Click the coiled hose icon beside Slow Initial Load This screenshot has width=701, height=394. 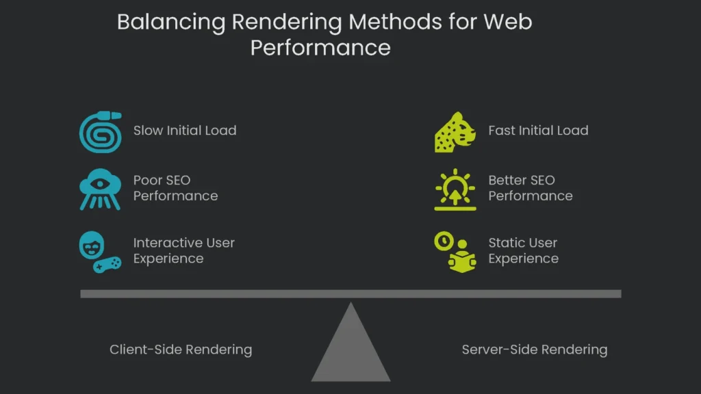click(100, 132)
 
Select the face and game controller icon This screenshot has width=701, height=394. click(100, 251)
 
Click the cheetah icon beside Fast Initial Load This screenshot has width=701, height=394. click(455, 132)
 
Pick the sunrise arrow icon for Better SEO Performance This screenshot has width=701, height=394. click(455, 189)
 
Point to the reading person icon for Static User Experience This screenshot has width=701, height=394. click(455, 251)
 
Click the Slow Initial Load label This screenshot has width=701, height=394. click(185, 131)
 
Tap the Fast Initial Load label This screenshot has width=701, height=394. click(538, 131)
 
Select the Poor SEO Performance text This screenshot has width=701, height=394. click(175, 188)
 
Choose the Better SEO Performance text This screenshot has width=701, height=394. click(531, 188)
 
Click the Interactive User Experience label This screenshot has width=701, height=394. click(183, 250)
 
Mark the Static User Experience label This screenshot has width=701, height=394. click(523, 250)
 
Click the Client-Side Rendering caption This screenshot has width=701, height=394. click(181, 350)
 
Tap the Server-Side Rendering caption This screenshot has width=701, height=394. click(535, 350)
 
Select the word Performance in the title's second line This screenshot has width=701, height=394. click(320, 48)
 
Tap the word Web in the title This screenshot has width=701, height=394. click(508, 22)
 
